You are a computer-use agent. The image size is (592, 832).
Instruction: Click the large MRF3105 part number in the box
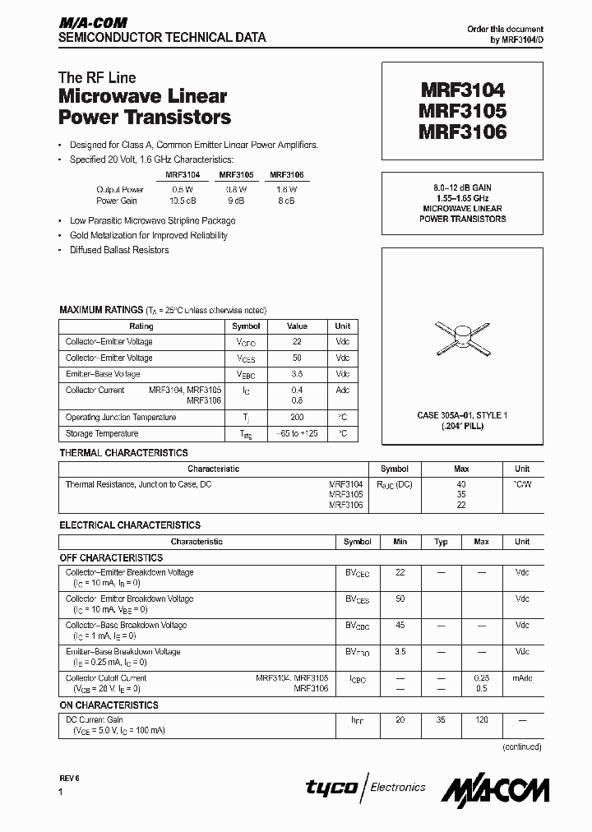click(462, 109)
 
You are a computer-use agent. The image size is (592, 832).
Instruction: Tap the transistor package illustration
click(462, 333)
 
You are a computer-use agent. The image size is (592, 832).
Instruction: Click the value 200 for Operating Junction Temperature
click(297, 417)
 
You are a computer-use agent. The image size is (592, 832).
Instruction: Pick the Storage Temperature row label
click(102, 433)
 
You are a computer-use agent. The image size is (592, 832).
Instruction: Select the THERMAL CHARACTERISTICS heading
click(123, 453)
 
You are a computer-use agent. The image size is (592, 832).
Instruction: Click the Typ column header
click(441, 542)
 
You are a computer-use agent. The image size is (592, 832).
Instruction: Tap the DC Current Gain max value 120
click(481, 719)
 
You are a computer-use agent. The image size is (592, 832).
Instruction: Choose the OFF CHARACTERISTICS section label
click(111, 557)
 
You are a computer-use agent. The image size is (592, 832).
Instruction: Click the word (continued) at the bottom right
click(521, 746)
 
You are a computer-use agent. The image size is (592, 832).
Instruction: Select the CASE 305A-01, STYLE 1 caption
click(462, 416)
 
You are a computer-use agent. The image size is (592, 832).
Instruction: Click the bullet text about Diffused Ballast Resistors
click(119, 250)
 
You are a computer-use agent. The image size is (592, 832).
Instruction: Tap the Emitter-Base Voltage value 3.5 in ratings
click(297, 374)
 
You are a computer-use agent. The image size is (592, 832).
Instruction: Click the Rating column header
click(141, 326)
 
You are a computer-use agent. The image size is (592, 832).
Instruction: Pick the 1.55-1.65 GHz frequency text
click(462, 199)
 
